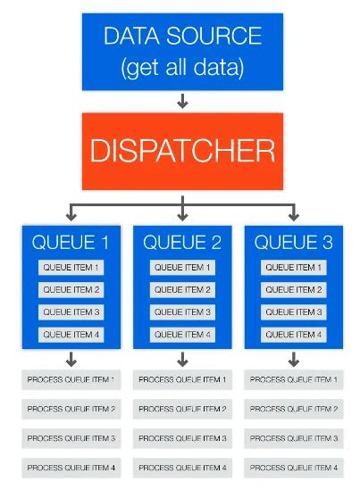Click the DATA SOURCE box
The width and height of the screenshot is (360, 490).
pos(182,51)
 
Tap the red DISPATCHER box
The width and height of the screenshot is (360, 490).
pos(182,151)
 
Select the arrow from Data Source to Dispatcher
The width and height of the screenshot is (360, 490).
pos(182,101)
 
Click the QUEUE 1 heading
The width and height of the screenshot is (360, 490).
pos(71,242)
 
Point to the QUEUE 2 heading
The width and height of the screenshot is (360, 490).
pos(182,242)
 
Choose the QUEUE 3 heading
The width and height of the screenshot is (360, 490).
pos(294,242)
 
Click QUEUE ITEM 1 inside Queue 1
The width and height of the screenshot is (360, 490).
pos(71,268)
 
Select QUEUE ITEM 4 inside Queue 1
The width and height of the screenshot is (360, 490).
pos(71,335)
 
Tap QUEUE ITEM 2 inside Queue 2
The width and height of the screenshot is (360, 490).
pos(182,290)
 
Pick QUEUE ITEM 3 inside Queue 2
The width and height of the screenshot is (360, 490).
pos(182,312)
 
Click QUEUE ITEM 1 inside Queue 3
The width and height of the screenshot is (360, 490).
pos(294,268)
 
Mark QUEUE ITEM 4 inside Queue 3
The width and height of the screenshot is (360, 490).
pos(294,335)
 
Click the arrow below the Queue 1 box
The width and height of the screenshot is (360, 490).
pos(71,359)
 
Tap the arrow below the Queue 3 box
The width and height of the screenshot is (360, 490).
pos(294,359)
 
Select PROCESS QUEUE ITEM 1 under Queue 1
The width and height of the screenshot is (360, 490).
pos(71,380)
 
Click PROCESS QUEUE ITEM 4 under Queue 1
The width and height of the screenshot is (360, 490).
pos(71,468)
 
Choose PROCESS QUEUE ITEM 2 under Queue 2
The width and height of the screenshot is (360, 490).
pos(182,409)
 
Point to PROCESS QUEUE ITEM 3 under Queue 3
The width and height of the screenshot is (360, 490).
pos(294,438)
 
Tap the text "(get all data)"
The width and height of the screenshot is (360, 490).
pos(182,67)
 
